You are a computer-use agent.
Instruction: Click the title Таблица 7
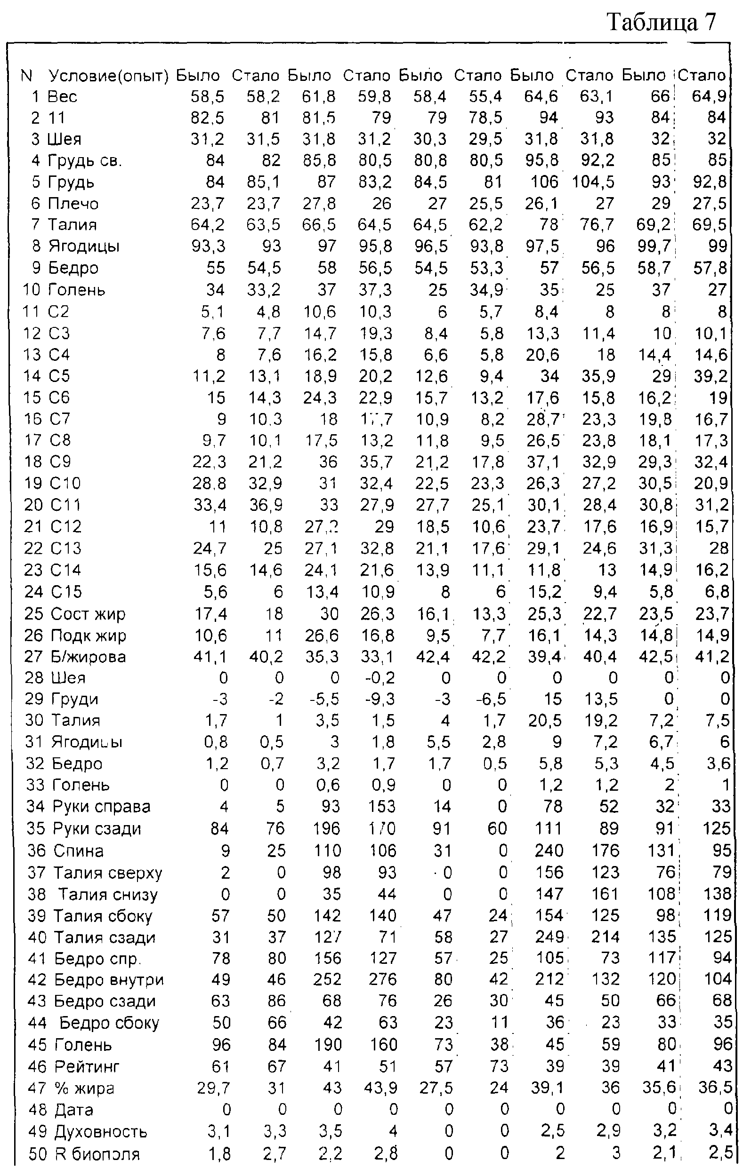tap(661, 23)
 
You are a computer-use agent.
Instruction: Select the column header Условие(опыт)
tap(108, 76)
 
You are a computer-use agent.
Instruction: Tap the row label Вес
tap(62, 97)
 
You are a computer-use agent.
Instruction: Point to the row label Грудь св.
tap(85, 161)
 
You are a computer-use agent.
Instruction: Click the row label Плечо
tap(73, 204)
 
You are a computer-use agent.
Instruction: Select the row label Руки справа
tap(101, 807)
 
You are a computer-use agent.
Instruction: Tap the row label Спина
tap(78, 851)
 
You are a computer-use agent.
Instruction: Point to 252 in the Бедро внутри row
tap(327, 979)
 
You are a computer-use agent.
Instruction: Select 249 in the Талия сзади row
tap(549, 937)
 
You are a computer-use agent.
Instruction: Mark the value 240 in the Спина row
tap(549, 851)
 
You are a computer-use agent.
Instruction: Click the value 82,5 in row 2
tap(208, 118)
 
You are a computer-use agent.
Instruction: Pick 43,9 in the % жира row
tap(380, 1088)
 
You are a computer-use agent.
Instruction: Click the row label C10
tap(65, 484)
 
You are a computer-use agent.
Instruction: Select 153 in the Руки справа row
tap(382, 807)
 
